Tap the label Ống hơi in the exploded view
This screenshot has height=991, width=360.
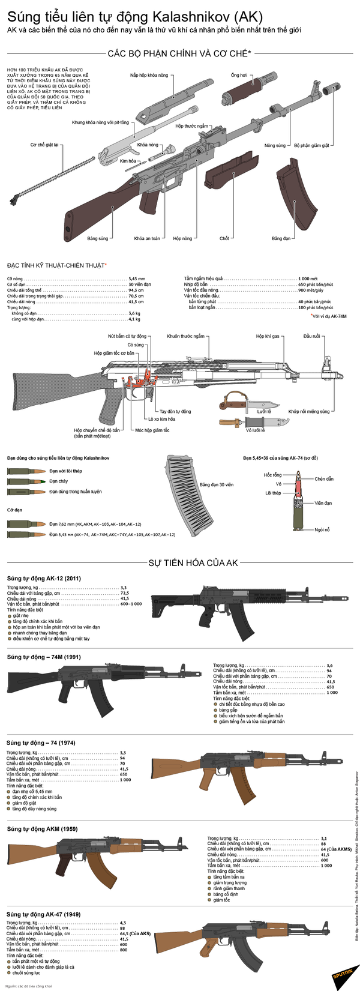[x=239, y=76]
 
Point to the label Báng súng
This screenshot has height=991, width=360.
[x=97, y=238]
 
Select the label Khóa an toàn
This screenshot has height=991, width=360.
[x=147, y=238]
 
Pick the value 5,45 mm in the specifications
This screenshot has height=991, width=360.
[x=136, y=279]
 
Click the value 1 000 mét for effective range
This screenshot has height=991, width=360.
[x=308, y=279]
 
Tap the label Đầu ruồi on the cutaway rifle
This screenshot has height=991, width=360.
[x=311, y=336]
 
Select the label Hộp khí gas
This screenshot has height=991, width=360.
[x=268, y=336]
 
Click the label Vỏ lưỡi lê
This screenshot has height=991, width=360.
[x=256, y=430]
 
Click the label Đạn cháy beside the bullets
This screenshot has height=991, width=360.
[x=59, y=481]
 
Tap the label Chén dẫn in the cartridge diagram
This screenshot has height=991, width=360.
[x=323, y=479]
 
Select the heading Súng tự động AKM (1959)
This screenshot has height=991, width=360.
[x=41, y=829]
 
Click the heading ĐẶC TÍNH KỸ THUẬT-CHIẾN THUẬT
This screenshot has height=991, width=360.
[x=56, y=265]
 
